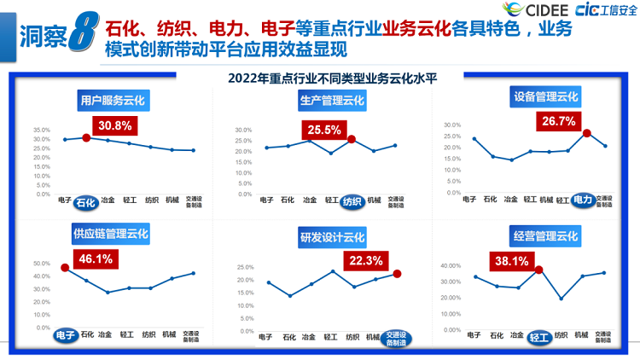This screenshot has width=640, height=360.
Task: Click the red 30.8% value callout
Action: pos(114,125)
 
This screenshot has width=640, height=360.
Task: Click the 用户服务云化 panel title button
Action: pos(113,101)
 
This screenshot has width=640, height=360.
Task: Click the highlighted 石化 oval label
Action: pos(84,202)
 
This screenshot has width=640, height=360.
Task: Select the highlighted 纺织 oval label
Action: pos(352,202)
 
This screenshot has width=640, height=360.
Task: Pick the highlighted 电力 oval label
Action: pos(585,200)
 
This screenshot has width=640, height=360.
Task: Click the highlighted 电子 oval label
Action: pos(66,334)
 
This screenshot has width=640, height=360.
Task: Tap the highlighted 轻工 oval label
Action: pos(538,337)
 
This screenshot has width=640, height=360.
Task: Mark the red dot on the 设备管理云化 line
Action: pos(586,133)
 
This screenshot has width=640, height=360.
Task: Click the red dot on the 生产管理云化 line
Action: pos(352,138)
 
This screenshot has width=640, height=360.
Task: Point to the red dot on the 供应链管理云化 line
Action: pos(65,268)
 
